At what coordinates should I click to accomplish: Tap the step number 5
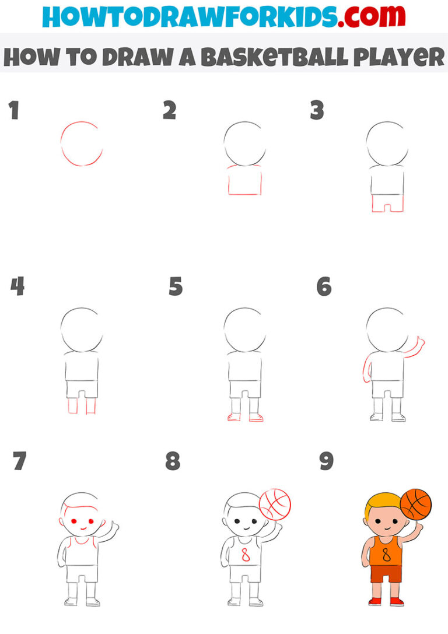(176, 287)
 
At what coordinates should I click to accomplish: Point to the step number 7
(19, 461)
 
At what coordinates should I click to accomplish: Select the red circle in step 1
(81, 143)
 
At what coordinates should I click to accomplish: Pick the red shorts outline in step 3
(387, 204)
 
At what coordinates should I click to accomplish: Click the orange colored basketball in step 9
(415, 504)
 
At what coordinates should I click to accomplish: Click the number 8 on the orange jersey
(386, 555)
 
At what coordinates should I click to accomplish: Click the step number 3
(317, 110)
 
